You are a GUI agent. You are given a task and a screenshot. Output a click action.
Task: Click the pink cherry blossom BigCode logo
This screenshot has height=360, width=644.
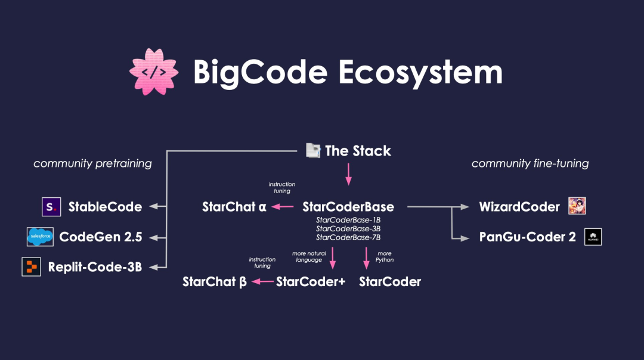pos(154,72)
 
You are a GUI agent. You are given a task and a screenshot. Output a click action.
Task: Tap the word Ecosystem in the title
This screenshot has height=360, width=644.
pos(420,73)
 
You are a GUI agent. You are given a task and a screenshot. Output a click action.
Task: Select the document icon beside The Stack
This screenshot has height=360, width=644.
pos(313,151)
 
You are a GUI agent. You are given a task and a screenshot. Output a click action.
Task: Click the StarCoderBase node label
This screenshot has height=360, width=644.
pos(348,207)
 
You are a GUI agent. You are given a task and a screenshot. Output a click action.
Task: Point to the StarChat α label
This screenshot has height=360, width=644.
pos(234,207)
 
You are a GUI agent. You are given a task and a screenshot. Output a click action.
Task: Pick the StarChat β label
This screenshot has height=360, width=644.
pos(215,281)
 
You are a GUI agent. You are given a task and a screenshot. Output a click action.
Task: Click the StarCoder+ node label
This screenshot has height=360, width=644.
pos(311,281)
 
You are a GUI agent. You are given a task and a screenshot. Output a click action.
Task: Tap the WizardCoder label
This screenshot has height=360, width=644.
pos(519,207)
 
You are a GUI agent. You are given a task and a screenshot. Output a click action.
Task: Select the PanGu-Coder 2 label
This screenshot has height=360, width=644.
pos(527,237)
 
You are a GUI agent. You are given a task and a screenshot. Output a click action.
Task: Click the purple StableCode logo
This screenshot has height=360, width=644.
pos(51,207)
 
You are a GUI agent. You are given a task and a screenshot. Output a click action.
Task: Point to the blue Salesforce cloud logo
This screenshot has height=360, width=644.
pos(41,237)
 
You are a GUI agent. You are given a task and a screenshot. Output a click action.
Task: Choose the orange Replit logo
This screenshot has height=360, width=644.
pos(31,267)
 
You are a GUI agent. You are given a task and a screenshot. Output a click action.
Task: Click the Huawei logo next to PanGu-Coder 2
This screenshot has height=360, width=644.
pos(593,237)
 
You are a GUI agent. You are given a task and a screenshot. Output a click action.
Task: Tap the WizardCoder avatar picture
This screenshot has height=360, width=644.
pos(577,206)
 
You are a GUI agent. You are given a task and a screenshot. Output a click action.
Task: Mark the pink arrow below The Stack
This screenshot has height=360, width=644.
pos(349,175)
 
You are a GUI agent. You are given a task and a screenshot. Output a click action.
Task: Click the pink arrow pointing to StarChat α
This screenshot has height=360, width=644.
pos(283,207)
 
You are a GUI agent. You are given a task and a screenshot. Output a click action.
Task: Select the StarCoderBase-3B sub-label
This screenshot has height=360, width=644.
pos(348,229)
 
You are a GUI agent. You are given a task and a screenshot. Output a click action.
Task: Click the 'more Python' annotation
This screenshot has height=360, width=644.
pos(385,256)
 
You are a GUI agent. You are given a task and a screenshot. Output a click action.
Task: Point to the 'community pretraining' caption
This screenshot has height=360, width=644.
pos(92,163)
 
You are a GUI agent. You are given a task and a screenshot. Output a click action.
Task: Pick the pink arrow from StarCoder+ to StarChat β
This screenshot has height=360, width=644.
pos(262,281)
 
